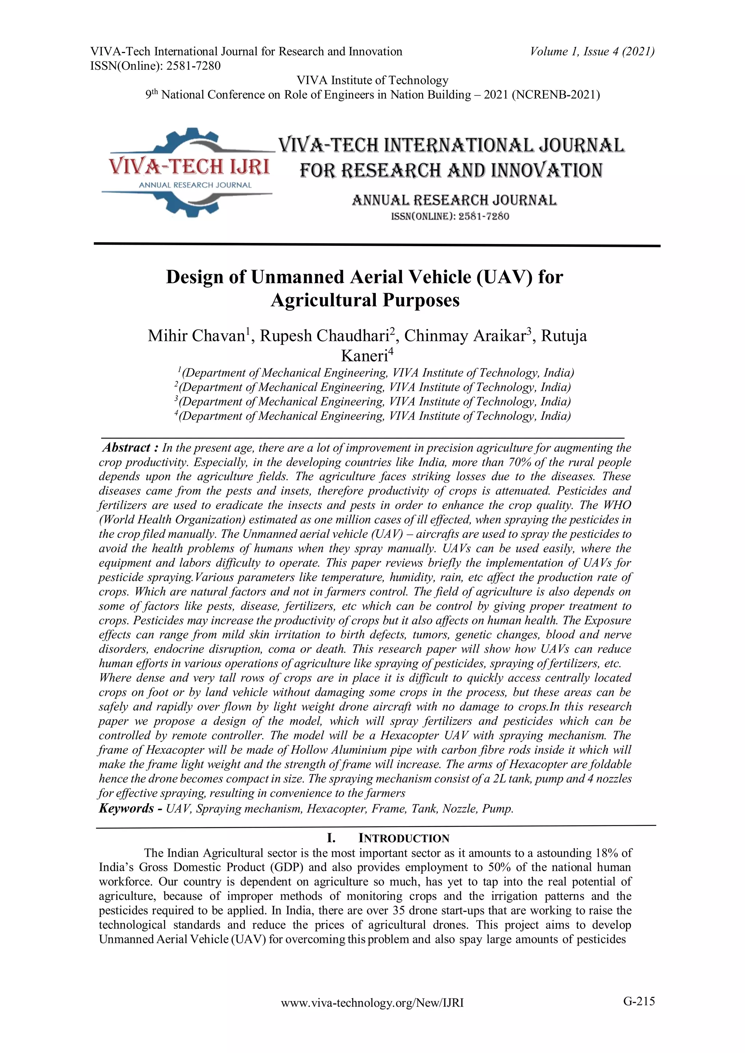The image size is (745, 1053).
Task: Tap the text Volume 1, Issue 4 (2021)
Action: coord(592,51)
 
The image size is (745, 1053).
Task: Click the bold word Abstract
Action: coord(127,448)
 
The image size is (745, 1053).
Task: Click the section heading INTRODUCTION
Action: coord(404,838)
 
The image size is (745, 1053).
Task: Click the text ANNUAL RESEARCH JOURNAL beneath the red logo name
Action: coord(195,185)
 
